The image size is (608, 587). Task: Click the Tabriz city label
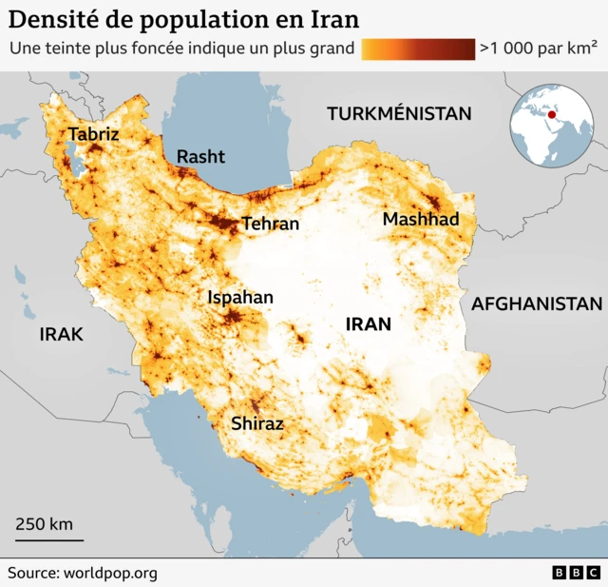(93, 134)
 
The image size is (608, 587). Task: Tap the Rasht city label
(200, 156)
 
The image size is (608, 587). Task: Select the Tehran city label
(270, 225)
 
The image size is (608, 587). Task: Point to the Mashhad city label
(421, 220)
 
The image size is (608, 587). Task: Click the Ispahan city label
(240, 298)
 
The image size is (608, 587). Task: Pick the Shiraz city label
(257, 424)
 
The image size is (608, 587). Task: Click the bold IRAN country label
(368, 324)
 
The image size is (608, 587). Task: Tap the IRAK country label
(62, 334)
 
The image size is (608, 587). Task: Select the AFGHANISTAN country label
(537, 304)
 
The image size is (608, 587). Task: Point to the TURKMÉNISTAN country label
(399, 114)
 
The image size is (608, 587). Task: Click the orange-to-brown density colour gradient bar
(418, 49)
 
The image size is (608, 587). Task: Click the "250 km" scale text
(44, 524)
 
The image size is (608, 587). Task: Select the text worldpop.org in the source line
(110, 573)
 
